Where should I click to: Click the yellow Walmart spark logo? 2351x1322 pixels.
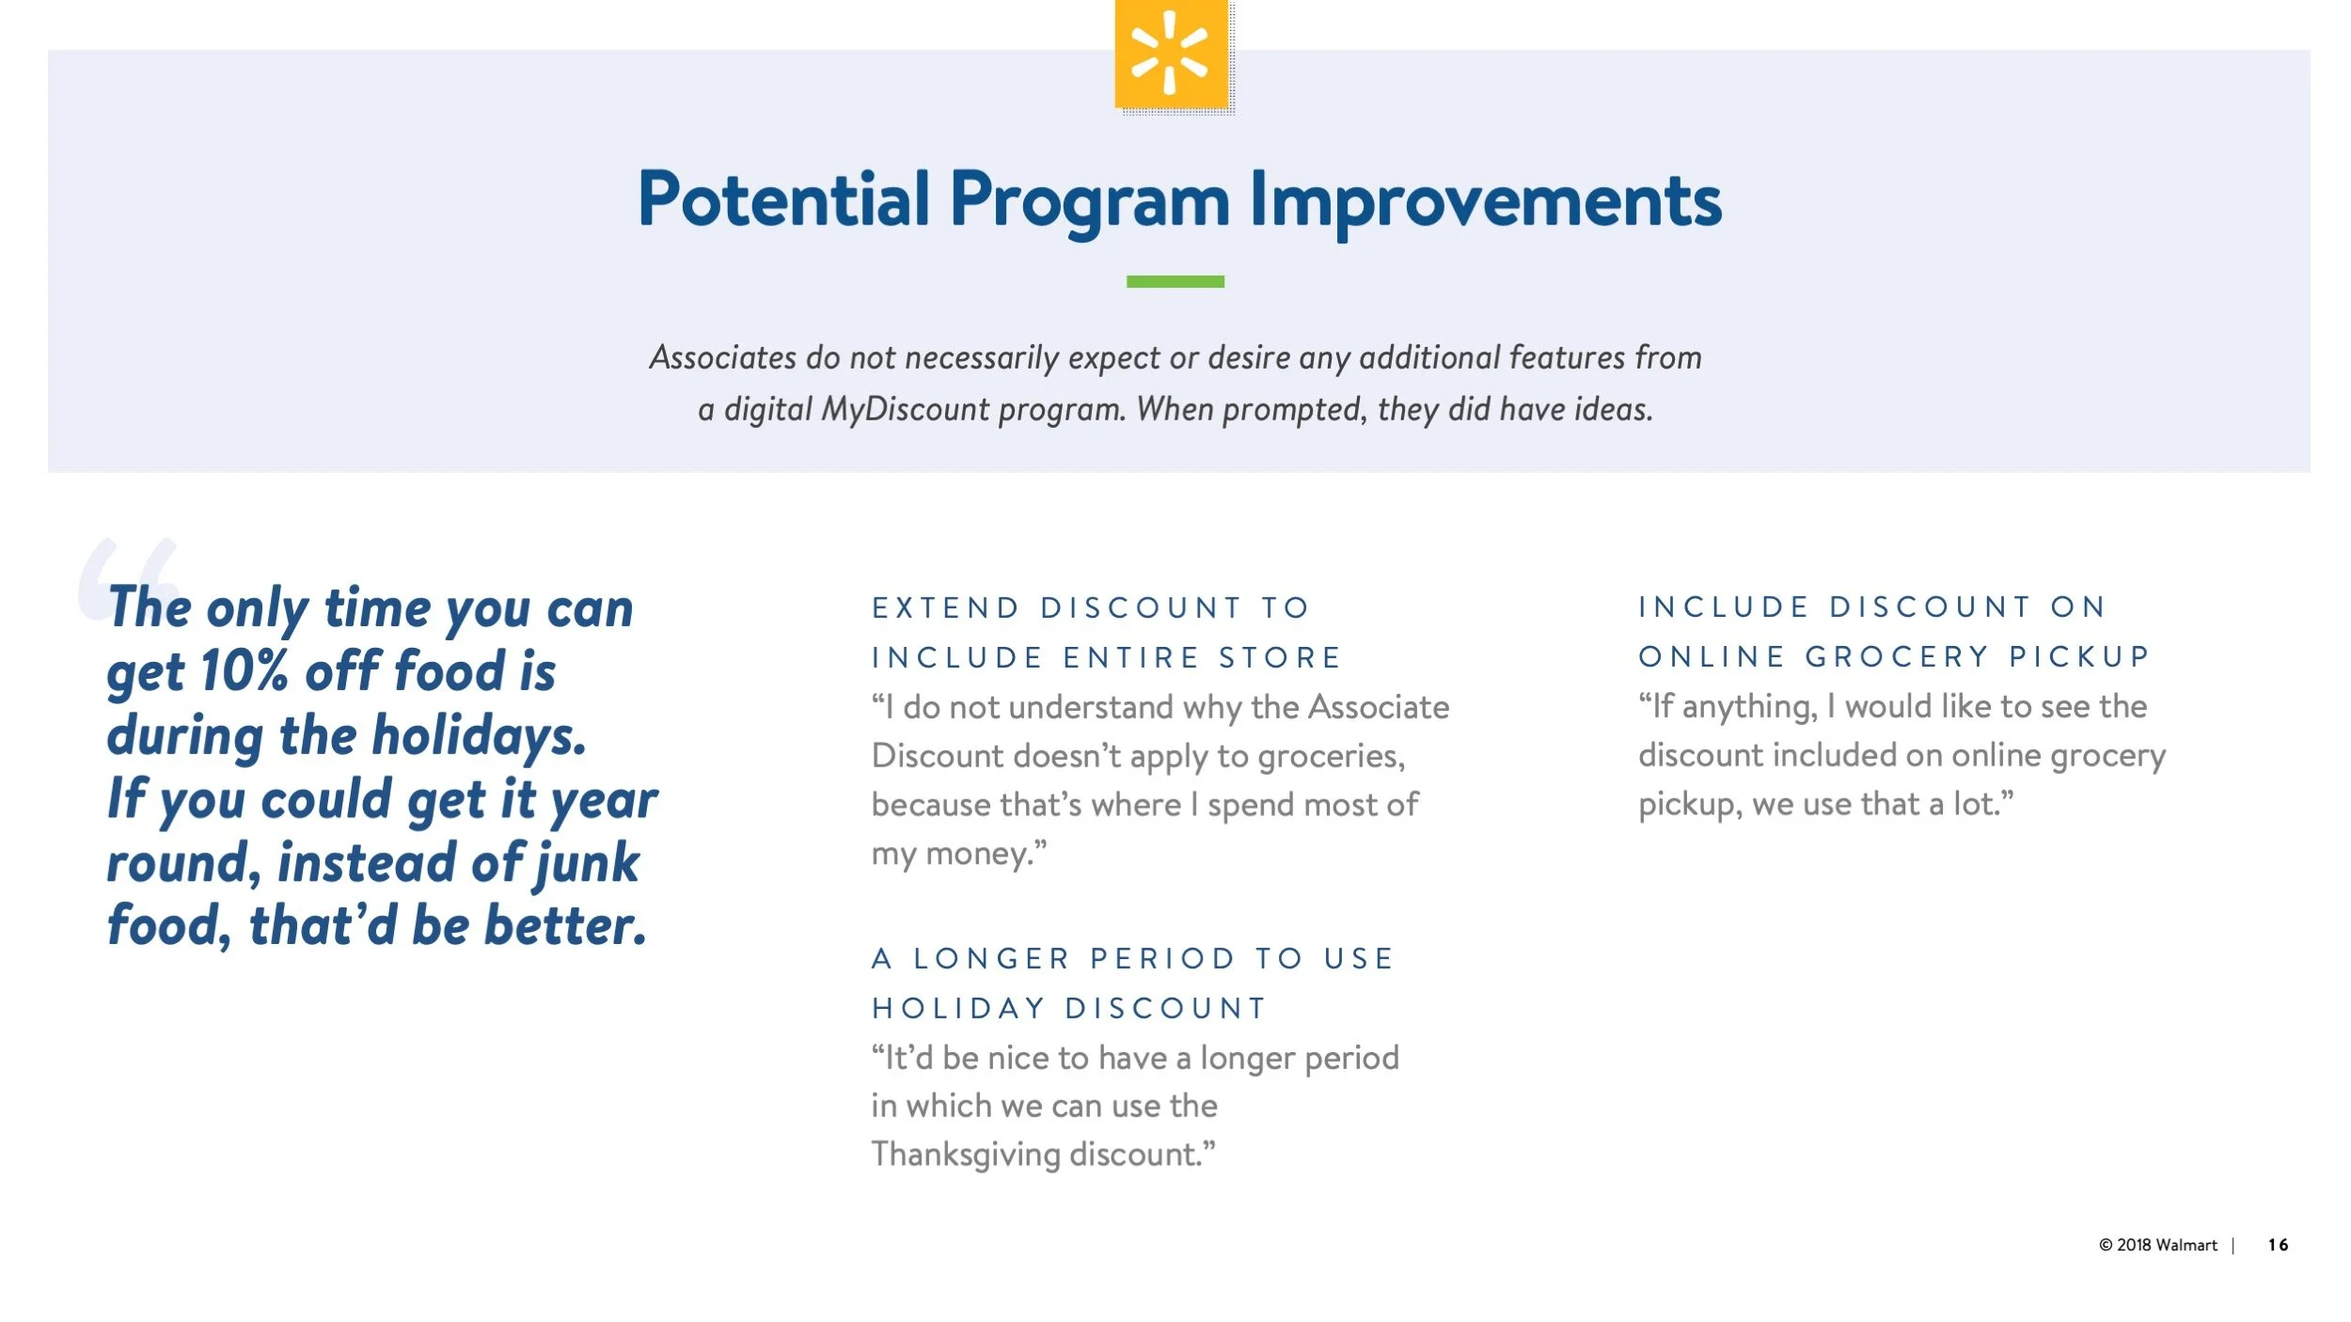[x=1171, y=54]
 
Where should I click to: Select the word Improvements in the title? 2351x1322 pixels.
[x=1486, y=199]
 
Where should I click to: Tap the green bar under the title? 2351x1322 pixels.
[x=1175, y=281]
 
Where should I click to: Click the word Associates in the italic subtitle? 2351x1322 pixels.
[x=723, y=357]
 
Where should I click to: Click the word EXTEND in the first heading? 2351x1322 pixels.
[x=946, y=607]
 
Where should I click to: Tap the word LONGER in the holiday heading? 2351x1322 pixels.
[x=992, y=958]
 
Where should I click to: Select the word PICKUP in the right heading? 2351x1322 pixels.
[x=2079, y=656]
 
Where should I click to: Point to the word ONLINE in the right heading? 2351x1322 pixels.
[x=1712, y=656]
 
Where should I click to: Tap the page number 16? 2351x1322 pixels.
[x=2278, y=1245]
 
